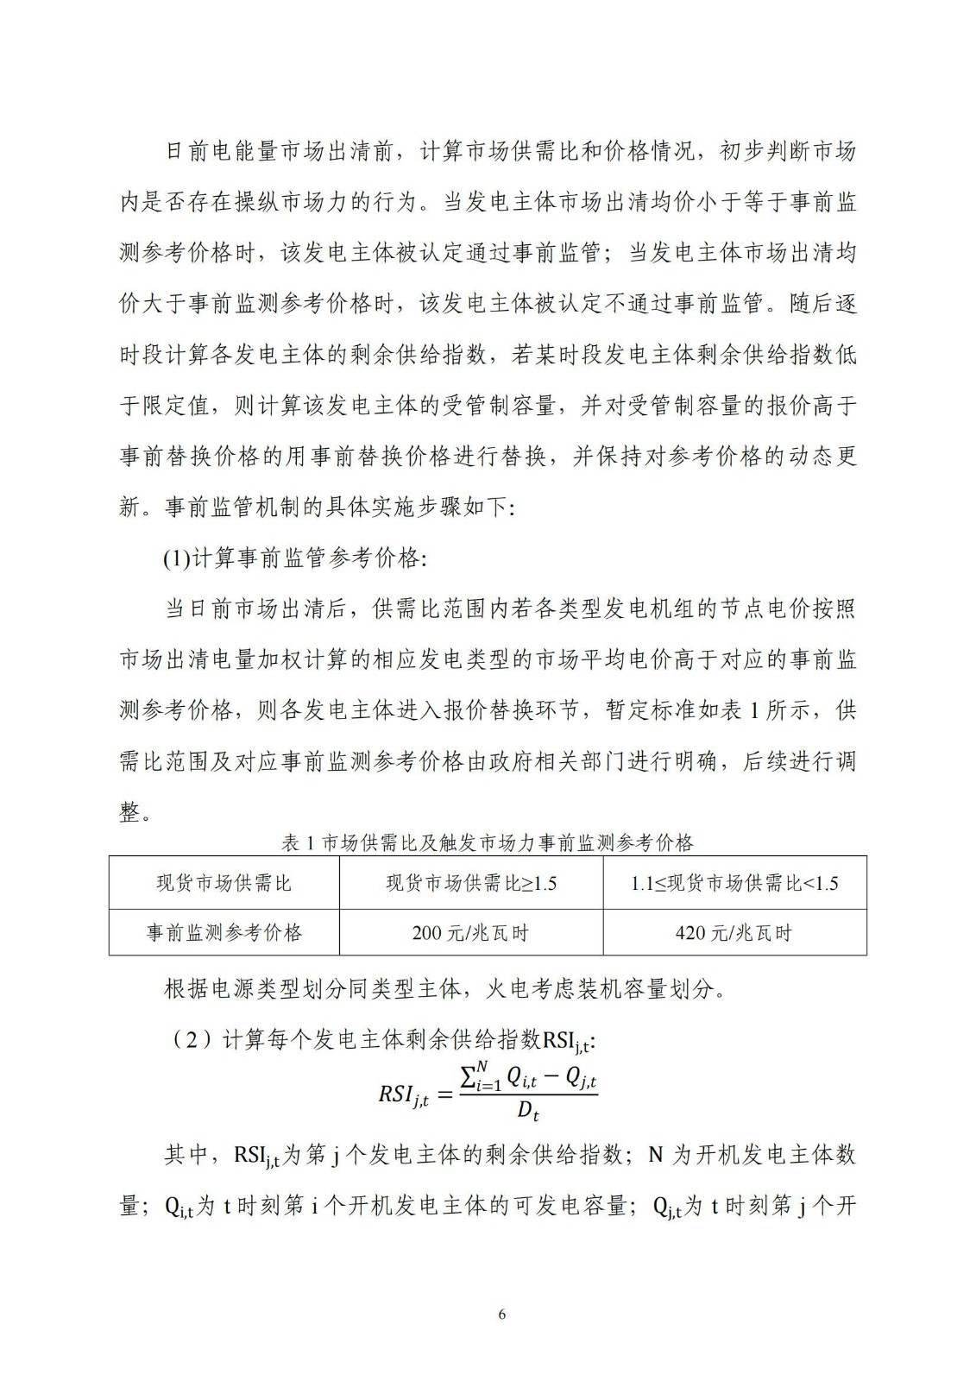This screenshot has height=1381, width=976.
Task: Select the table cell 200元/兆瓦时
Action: (x=470, y=933)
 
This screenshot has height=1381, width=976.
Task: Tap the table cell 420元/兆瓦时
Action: (x=734, y=933)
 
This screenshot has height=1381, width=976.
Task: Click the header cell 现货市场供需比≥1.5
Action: (x=470, y=883)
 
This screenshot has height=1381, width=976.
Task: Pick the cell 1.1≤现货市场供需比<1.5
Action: (x=734, y=883)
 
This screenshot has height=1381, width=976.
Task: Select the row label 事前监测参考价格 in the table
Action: (x=224, y=933)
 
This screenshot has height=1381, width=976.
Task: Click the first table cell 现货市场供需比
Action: (x=224, y=883)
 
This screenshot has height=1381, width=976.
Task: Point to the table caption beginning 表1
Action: (x=488, y=842)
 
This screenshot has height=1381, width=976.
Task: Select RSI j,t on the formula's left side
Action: (x=403, y=1095)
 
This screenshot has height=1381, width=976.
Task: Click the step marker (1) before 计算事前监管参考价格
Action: (x=176, y=558)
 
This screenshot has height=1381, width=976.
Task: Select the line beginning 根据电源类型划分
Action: (x=445, y=989)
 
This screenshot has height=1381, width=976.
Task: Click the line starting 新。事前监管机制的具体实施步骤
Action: (x=318, y=507)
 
